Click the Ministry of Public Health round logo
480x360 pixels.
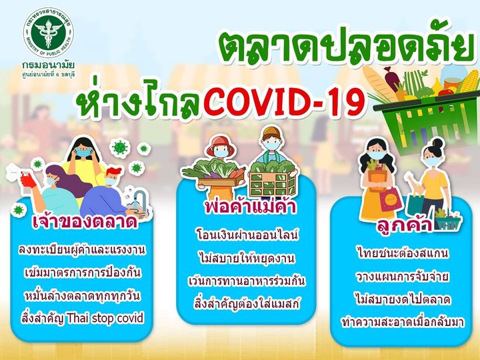click(x=49, y=33)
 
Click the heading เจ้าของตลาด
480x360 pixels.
click(x=85, y=222)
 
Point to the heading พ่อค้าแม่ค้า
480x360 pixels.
click(x=251, y=207)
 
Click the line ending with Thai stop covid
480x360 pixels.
click(x=83, y=318)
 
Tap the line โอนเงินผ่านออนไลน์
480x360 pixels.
click(x=247, y=235)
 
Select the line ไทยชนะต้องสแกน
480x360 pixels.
click(x=403, y=253)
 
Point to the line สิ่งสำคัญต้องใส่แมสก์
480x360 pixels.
click(x=247, y=304)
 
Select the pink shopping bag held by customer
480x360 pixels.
click(x=390, y=199)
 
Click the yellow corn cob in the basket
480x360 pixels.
click(x=469, y=81)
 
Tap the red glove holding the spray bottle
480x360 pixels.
click(x=27, y=180)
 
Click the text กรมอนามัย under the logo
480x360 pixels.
click(x=49, y=65)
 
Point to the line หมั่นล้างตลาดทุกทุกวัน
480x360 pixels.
click(x=83, y=296)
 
